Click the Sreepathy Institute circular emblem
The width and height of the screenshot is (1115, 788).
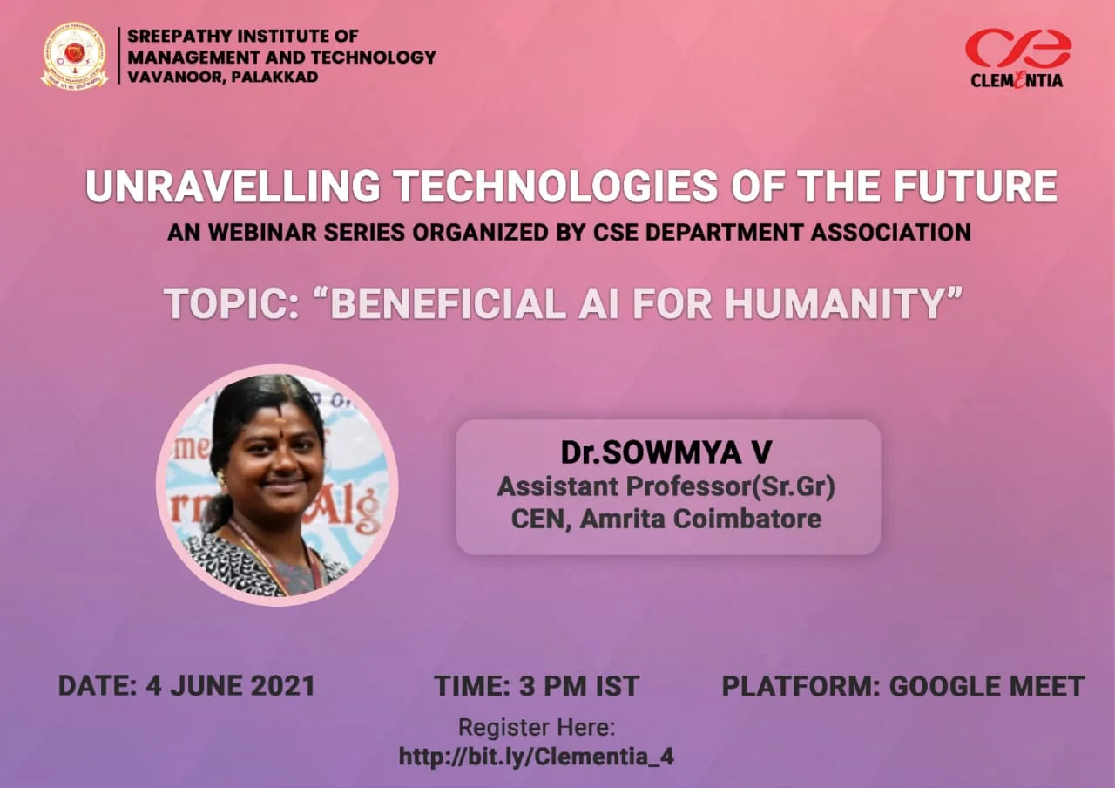pos(75,55)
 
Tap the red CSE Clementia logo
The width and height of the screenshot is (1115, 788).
pos(1017,58)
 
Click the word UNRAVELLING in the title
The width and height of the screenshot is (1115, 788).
pos(233,186)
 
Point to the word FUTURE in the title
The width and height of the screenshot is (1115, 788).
pos(976,186)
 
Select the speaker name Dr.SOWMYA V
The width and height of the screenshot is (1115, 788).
pos(666,452)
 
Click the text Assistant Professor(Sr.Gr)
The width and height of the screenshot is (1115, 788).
pos(666,486)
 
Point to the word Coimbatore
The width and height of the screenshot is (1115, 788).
pos(747,519)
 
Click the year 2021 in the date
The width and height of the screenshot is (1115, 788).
pos(283,685)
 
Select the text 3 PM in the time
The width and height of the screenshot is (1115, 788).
pos(553,686)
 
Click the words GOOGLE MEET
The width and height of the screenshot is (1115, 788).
pos(987,686)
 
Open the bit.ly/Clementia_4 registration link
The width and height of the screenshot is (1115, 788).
pos(537,756)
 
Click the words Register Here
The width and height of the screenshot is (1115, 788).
pos(537,727)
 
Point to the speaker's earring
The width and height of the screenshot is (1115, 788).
pos(221,477)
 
